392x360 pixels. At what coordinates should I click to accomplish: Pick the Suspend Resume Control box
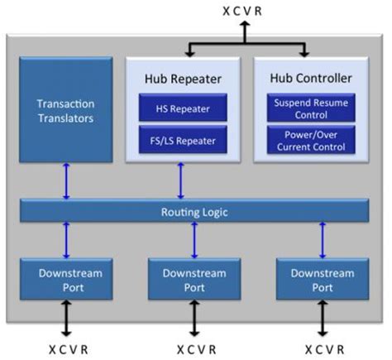point(307,108)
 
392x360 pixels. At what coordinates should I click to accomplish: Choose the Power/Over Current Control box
point(307,140)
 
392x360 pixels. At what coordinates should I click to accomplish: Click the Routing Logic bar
point(194,212)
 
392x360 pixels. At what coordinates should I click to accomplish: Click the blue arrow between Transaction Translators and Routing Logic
point(66,181)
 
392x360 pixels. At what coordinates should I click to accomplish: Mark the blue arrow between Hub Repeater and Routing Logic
point(178,181)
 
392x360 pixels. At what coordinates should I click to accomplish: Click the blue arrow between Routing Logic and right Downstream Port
point(322,240)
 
